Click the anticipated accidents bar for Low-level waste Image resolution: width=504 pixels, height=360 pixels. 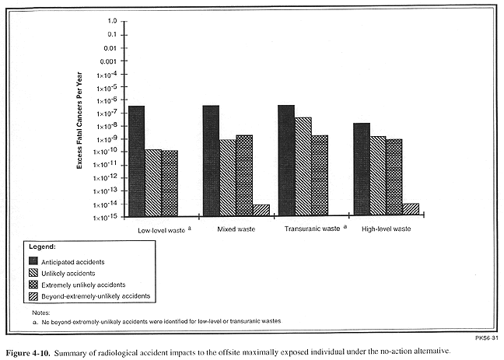[x=137, y=161]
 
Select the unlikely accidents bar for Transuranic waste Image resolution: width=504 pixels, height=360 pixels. [x=303, y=166]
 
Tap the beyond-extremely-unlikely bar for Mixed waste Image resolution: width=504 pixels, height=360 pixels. [x=261, y=210]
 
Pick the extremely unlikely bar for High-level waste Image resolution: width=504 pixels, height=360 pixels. [x=394, y=177]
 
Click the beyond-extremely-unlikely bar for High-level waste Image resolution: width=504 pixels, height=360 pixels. [x=411, y=209]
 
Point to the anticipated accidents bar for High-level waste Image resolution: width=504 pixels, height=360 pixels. [x=362, y=169]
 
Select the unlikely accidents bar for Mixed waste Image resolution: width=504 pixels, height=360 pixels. [x=228, y=178]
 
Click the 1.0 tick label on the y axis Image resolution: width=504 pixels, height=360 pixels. [x=113, y=21]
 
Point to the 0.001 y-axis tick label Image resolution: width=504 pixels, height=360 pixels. [x=108, y=61]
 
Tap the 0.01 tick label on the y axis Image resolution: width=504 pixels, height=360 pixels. [x=110, y=48]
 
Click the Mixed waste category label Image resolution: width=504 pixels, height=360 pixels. [x=236, y=229]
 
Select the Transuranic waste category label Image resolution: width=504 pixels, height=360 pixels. [x=312, y=229]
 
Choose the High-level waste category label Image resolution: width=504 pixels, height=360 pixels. [x=387, y=229]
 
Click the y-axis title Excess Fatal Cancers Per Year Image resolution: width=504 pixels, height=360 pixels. [x=79, y=121]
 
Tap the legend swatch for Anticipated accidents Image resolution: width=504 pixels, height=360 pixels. [x=33, y=260]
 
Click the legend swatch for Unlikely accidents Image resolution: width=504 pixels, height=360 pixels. [x=33, y=273]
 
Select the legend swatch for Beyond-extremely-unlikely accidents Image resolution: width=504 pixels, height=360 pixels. [x=33, y=295]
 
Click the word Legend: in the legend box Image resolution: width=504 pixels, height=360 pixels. [x=43, y=246]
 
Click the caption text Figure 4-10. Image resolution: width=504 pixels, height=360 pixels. [x=28, y=352]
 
